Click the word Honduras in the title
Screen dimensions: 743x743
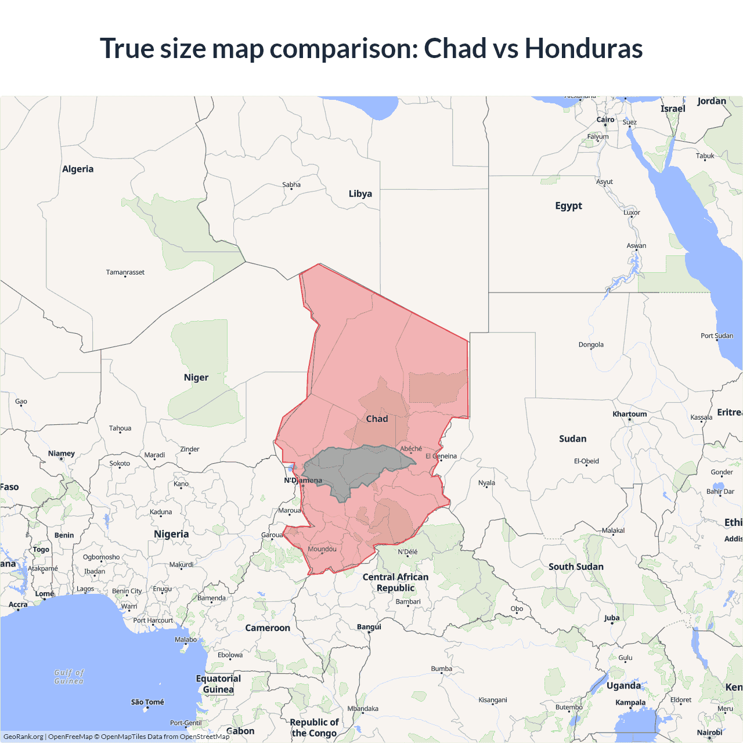(x=583, y=48)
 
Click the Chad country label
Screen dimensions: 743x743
(x=377, y=419)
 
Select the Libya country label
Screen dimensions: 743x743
(x=360, y=194)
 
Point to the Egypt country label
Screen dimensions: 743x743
(x=568, y=205)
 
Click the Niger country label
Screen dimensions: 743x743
(x=196, y=377)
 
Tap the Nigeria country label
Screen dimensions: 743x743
(x=171, y=534)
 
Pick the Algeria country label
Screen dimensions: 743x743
(x=78, y=169)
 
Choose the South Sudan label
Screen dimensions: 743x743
(x=576, y=567)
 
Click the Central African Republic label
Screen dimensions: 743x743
(x=395, y=582)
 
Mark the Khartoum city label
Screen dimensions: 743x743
(x=629, y=414)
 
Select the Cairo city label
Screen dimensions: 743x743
(x=605, y=120)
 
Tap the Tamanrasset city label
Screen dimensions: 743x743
(x=125, y=272)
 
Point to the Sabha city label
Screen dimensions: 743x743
(x=291, y=185)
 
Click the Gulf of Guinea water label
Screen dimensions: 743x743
(x=69, y=677)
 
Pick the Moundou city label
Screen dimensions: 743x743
(x=322, y=549)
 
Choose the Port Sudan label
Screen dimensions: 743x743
(x=717, y=336)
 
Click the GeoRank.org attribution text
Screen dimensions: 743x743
(x=23, y=737)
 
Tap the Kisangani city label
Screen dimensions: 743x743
(x=493, y=699)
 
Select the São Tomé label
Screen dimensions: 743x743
(x=147, y=702)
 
